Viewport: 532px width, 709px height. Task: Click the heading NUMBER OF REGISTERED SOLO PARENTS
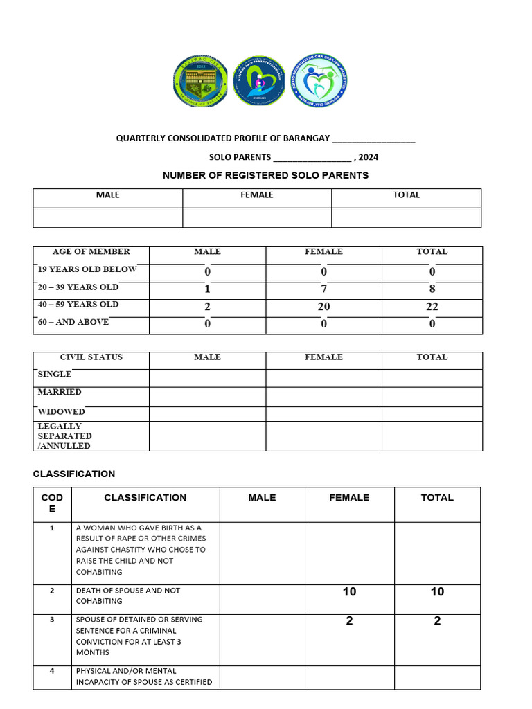[x=265, y=175]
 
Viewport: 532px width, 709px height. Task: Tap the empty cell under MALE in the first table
[x=108, y=217]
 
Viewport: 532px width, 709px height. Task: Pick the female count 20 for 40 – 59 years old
[x=323, y=307]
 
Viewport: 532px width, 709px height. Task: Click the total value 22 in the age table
[x=432, y=307]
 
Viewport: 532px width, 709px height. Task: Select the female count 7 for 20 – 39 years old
[x=323, y=289]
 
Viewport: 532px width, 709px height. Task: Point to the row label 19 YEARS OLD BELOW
[x=87, y=269]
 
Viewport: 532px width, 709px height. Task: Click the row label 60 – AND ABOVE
[x=73, y=322]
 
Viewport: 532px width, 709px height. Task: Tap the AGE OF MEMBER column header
[x=91, y=252]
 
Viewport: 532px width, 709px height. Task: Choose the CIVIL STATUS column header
[x=91, y=357]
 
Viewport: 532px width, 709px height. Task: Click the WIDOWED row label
[x=61, y=412]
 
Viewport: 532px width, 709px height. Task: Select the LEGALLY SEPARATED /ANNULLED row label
[x=64, y=436]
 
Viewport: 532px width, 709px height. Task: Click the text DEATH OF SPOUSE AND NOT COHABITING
[x=128, y=595]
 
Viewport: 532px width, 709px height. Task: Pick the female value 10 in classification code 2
[x=349, y=592]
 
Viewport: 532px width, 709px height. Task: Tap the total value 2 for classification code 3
[x=437, y=621]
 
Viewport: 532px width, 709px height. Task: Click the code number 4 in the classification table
[x=52, y=671]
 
